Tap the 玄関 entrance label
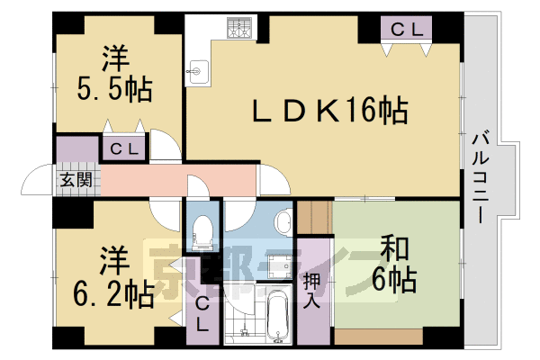[x=76, y=179]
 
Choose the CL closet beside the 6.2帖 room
[x=202, y=315]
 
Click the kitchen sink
[x=197, y=69]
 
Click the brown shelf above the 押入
[x=316, y=216]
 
